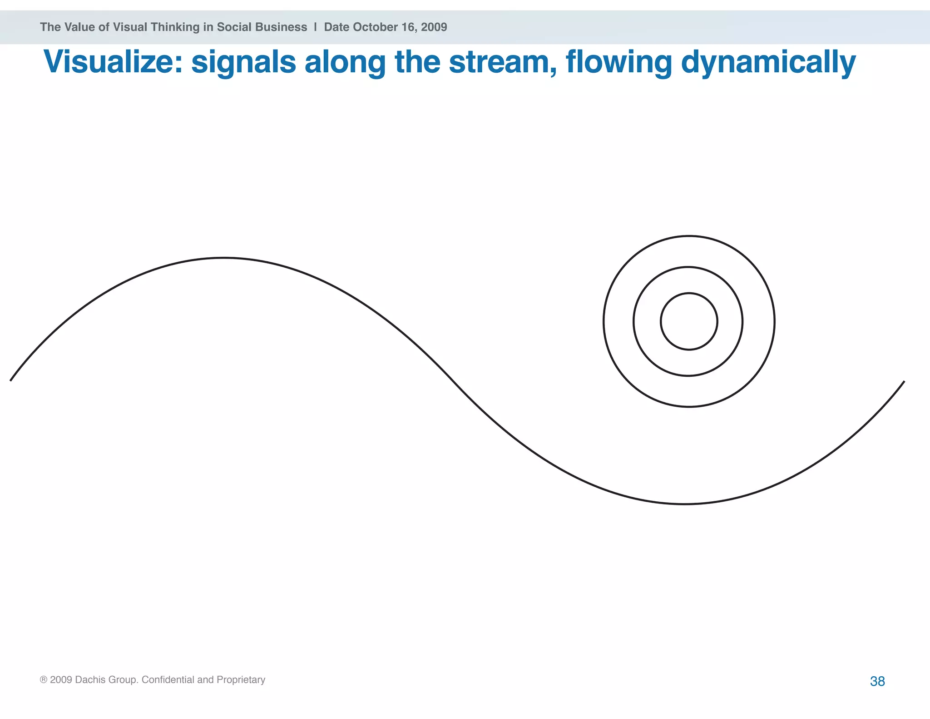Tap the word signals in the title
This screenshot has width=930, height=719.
click(243, 63)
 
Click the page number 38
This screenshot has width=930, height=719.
click(877, 681)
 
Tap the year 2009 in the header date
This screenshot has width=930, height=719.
click(434, 27)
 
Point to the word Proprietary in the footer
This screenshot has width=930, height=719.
click(241, 680)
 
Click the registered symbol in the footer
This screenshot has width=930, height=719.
click(44, 680)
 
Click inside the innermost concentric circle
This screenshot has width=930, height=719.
click(689, 321)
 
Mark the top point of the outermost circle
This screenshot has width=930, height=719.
click(689, 236)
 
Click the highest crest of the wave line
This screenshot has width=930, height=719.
click(223, 258)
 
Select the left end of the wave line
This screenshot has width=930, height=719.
click(11, 380)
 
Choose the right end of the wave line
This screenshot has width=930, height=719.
click(904, 382)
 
